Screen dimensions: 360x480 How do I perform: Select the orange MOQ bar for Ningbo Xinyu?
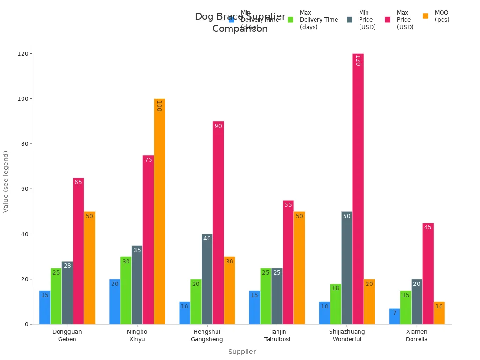[159, 211]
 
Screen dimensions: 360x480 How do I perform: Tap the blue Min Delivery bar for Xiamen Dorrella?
[394, 316]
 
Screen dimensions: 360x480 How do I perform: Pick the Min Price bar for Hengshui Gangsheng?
[207, 279]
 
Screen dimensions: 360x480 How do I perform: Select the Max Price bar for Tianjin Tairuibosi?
[288, 262]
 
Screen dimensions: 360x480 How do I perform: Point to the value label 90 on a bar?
[218, 126]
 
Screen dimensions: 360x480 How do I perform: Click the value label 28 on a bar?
[67, 266]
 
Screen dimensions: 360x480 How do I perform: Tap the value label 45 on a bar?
[427, 227]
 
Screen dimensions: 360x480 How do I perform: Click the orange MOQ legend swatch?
[426, 16]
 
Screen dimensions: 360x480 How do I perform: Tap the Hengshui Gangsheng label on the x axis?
[207, 336]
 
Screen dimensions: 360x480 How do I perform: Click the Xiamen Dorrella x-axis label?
[416, 336]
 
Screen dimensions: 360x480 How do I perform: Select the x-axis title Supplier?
[242, 352]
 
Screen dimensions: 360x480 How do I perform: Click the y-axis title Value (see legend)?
[6, 181]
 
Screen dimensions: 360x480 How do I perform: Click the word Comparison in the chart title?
[240, 29]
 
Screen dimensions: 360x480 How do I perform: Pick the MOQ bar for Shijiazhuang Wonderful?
[369, 302]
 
